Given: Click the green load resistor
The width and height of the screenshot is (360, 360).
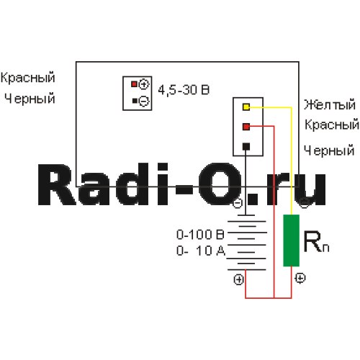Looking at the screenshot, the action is point(291,240).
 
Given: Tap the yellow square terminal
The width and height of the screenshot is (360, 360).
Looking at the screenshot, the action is point(246,107).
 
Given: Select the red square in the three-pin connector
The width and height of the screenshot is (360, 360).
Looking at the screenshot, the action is point(246,127).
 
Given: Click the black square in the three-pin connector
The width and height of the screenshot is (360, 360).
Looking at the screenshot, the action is point(246,146).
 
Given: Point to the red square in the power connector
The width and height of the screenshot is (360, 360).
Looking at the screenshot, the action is point(134,84).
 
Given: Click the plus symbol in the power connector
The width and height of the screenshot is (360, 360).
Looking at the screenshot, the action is point(144,84).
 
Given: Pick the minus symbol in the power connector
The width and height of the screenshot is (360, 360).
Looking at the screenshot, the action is point(144,101).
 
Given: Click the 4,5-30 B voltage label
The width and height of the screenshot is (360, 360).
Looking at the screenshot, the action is point(184,90).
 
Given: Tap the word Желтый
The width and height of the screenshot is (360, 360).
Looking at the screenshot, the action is point(330,105).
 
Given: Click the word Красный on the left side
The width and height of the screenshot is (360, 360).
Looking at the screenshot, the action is point(28,78).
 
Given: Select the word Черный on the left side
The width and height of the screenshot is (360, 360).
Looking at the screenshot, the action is point(30,99).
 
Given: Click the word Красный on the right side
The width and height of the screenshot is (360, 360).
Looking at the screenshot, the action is point(332,125).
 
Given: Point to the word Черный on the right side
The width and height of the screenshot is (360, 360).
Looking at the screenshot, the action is point(329,150).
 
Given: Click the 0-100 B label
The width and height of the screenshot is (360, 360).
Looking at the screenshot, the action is point(200,235).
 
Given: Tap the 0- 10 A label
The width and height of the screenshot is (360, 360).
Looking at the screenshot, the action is point(201,251).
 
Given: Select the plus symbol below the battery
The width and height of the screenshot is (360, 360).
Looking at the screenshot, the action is point(238,279).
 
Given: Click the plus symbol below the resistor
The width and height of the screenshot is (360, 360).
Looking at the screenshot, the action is point(300,278).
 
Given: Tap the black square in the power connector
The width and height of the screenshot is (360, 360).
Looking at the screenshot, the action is point(135,101).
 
